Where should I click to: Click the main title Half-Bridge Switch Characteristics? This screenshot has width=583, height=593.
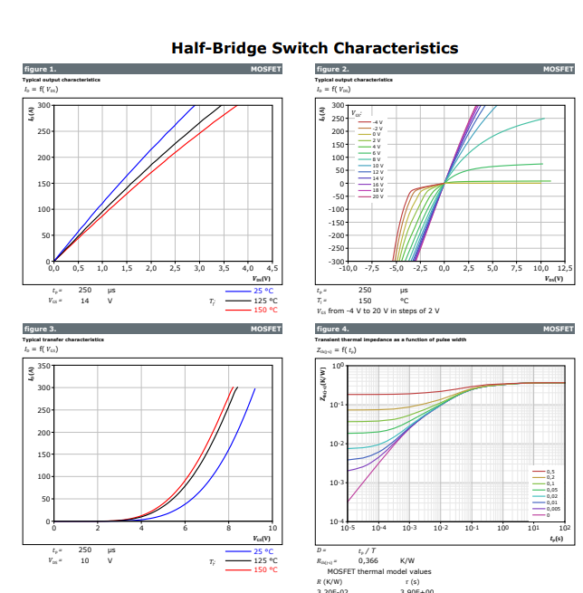pyautogui.click(x=314, y=48)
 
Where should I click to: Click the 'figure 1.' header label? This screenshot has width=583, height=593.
pyautogui.click(x=40, y=69)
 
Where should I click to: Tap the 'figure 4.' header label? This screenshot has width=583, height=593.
pyautogui.click(x=332, y=329)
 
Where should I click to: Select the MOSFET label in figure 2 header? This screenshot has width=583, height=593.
pyautogui.click(x=559, y=69)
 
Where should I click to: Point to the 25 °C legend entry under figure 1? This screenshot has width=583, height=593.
pyautogui.click(x=264, y=291)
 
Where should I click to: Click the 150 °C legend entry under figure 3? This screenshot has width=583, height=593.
pyautogui.click(x=264, y=569)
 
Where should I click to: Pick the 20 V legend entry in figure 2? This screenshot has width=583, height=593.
pyautogui.click(x=377, y=196)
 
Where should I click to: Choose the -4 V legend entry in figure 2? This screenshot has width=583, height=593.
pyautogui.click(x=377, y=121)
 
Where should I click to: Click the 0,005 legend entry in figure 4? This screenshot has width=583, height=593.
pyautogui.click(x=551, y=510)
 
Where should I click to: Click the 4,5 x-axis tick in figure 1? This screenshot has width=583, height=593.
pyautogui.click(x=273, y=269)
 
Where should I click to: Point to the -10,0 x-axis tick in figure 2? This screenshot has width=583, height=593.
pyautogui.click(x=347, y=269)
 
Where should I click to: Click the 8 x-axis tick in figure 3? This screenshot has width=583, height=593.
pyautogui.click(x=229, y=528)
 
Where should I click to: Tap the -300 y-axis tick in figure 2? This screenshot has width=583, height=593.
pyautogui.click(x=335, y=262)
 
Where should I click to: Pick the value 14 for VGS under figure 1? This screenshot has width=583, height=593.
pyautogui.click(x=84, y=300)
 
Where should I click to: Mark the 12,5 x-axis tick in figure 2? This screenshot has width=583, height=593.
pyautogui.click(x=565, y=269)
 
